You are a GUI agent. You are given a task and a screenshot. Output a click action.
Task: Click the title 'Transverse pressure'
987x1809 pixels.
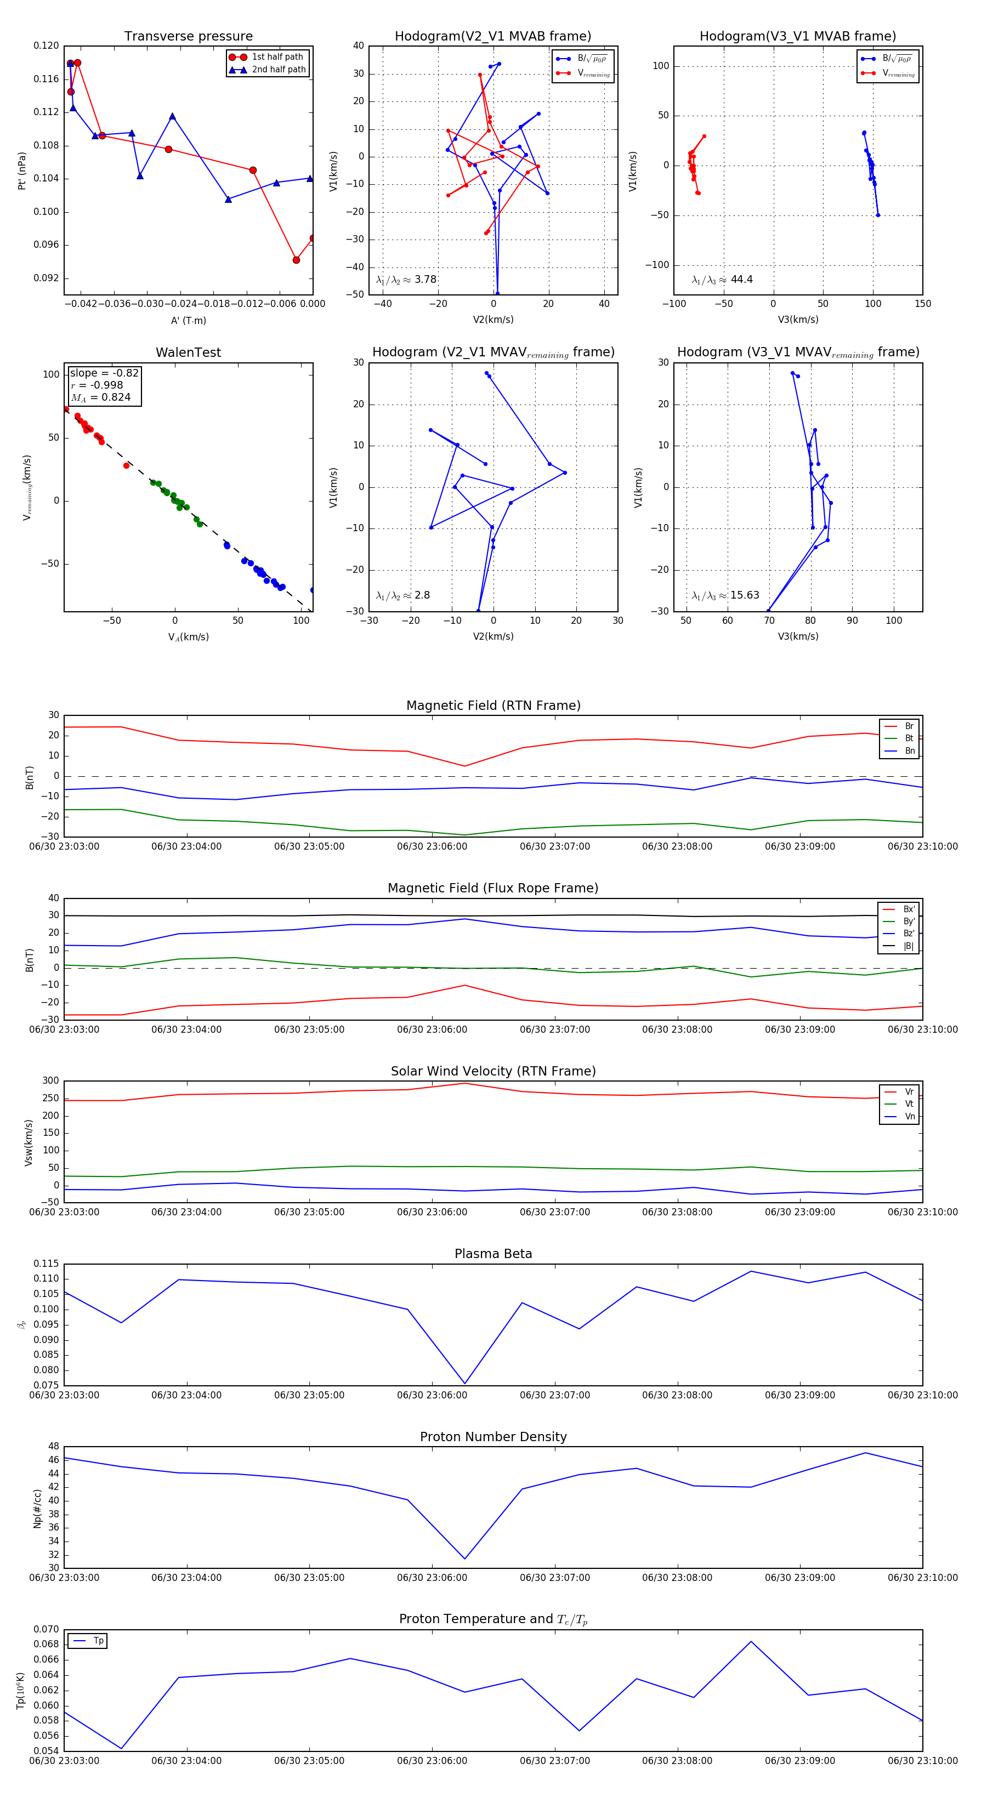click(188, 37)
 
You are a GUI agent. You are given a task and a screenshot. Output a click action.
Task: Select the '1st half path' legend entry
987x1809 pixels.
click(277, 57)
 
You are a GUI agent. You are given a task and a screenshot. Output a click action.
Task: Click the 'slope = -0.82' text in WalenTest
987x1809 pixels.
click(104, 373)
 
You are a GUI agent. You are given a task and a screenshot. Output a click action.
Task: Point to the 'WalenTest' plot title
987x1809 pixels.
click(188, 352)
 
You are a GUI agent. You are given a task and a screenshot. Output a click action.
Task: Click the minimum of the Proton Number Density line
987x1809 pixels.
click(465, 1559)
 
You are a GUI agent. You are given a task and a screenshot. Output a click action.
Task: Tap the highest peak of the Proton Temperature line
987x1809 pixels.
click(751, 1642)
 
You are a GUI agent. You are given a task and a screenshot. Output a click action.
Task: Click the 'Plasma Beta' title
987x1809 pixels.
click(493, 1254)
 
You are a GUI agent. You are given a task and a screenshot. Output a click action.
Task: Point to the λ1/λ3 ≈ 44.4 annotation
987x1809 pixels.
click(722, 280)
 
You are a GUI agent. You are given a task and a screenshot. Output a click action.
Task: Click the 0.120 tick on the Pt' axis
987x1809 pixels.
click(47, 45)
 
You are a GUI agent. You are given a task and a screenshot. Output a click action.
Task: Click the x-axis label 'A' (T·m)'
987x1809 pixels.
click(188, 321)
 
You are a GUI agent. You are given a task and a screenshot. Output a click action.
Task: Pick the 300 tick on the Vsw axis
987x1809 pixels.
click(50, 1081)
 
